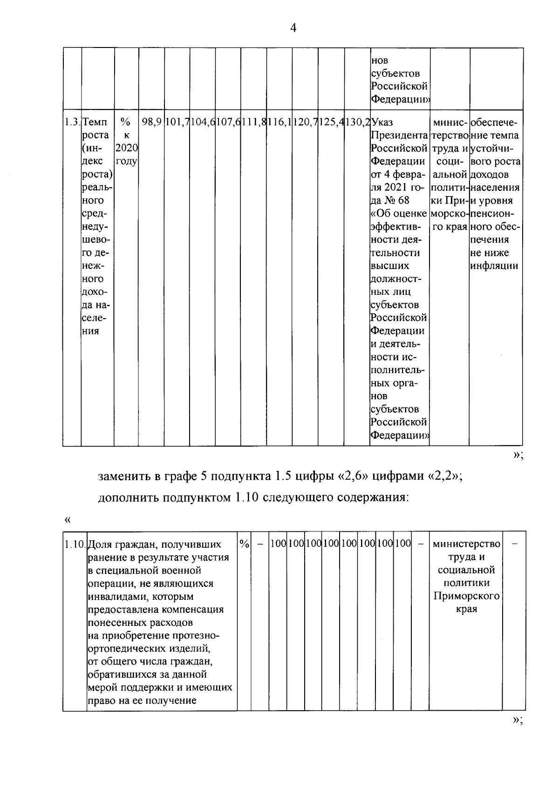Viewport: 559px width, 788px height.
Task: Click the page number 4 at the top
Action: point(293,28)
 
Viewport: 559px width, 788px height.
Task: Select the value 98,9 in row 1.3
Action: point(151,122)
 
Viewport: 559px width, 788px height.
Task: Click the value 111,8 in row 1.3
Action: point(254,122)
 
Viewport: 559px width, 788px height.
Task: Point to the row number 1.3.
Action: point(72,122)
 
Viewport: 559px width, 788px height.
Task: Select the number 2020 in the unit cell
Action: point(126,148)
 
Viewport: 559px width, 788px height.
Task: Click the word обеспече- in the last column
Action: point(494,122)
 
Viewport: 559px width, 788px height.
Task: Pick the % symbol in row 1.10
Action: point(244,544)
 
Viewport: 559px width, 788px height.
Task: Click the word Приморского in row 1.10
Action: point(466,596)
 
